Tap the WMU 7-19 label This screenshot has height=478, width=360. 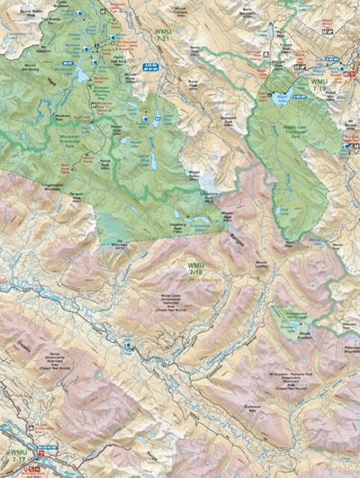coord(319,86)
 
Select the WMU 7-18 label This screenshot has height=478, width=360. coord(195,267)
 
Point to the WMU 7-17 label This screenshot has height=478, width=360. coord(16,455)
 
